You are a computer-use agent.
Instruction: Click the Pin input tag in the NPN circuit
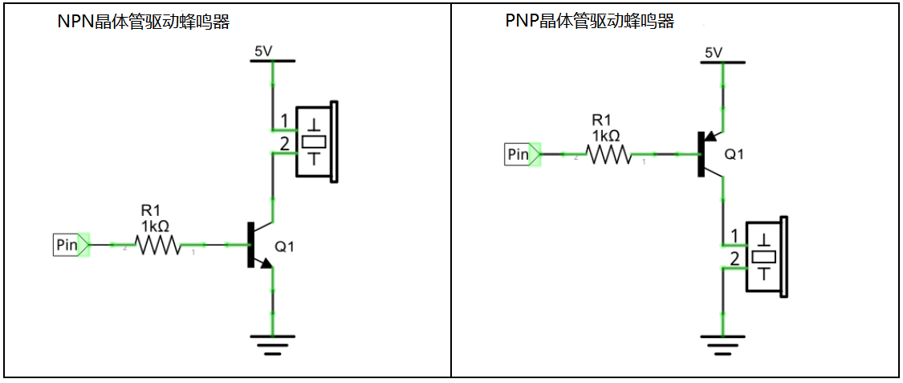[67, 244]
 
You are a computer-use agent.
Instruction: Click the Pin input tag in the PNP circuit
[519, 154]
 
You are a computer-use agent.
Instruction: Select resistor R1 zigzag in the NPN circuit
[158, 245]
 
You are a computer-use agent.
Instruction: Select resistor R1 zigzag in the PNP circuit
[609, 155]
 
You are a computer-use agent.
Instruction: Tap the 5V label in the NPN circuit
[263, 51]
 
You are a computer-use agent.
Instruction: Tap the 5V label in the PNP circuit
[714, 52]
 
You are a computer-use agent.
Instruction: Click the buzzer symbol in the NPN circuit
[318, 141]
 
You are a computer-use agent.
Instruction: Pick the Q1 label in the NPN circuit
[285, 247]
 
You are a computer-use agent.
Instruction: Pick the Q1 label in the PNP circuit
[734, 154]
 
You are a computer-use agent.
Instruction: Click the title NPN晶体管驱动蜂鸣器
[144, 22]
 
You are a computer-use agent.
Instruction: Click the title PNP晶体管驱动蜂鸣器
[590, 22]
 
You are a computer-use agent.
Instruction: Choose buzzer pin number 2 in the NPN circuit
[283, 145]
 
